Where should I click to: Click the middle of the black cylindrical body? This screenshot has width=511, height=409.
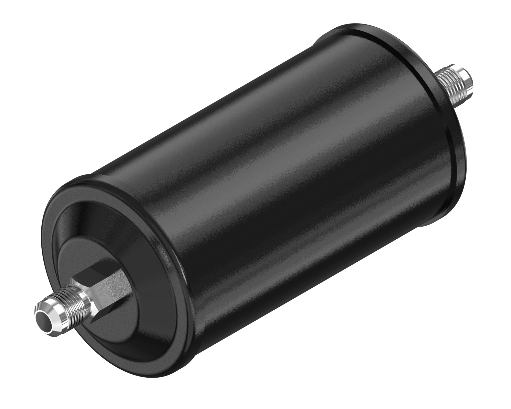(x=268, y=179)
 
